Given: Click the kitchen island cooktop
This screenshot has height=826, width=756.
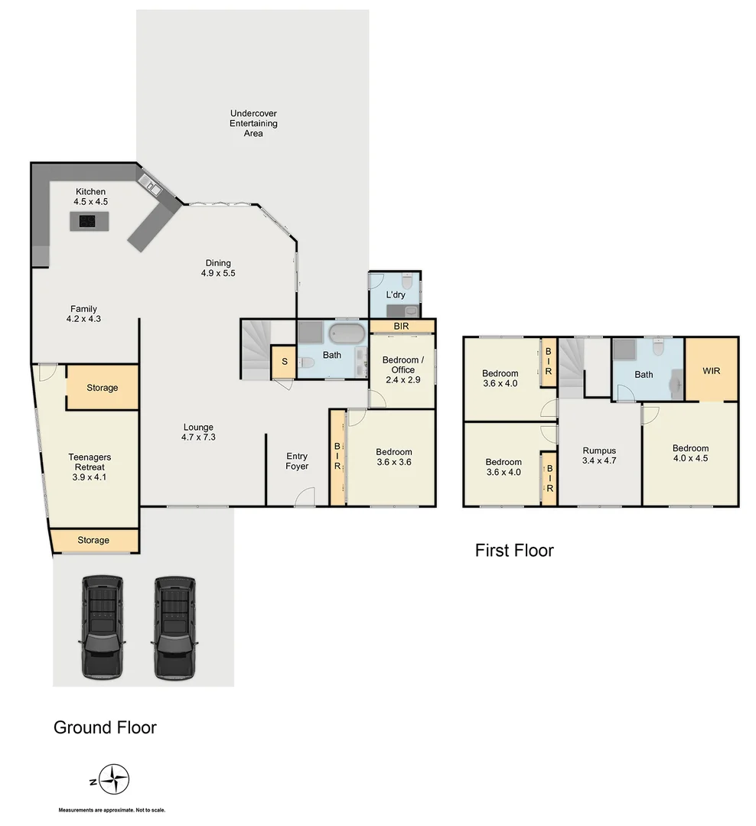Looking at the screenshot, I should click(89, 222).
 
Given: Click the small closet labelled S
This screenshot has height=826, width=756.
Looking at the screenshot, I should click(285, 362).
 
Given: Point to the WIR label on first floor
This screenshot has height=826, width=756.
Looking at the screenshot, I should click(711, 370).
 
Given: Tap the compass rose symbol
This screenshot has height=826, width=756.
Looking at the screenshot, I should click(116, 781).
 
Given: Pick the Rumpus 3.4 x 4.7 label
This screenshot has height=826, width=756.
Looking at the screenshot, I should click(599, 456).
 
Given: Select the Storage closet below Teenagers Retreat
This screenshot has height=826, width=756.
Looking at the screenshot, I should click(93, 540).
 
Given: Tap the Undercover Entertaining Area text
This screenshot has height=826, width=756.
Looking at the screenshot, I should click(253, 123).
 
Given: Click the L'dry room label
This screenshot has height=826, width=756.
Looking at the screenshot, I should click(395, 294).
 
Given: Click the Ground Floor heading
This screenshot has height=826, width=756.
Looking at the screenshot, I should click(105, 727).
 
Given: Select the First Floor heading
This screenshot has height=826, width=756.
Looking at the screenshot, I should click(514, 550).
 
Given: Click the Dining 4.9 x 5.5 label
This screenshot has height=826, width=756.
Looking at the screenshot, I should click(217, 268).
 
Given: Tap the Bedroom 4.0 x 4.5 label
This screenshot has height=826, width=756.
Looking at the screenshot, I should click(690, 454).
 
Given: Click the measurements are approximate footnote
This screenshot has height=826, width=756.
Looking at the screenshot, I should click(112, 810).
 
